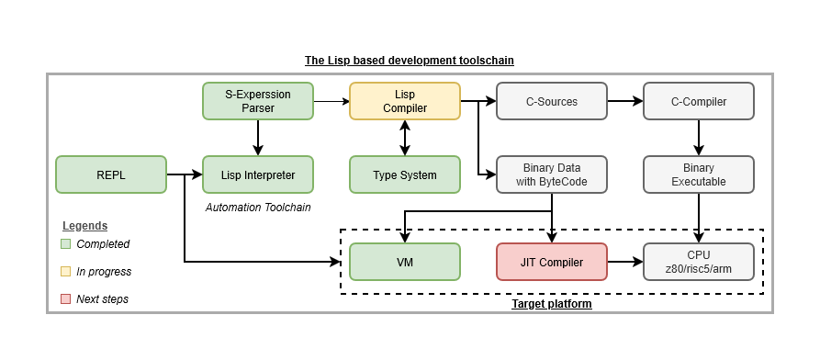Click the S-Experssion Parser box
pos(258,101)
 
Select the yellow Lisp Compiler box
pos(404,101)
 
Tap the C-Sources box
pos(551,101)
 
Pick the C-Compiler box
pos(699,101)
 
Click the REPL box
pos(110,174)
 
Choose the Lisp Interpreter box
pos(258,174)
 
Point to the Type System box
pos(404,174)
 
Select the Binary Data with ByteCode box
pos(551,174)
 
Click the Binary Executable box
pos(699,174)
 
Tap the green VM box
pos(404,262)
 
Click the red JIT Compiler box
pos(551,262)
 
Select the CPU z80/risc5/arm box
pos(699,262)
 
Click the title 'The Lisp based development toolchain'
pos(409,61)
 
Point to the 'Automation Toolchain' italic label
pos(258,208)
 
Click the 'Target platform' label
pos(551,303)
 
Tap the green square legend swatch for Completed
pos(65,244)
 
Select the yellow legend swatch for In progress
pos(65,272)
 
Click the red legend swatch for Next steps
pos(65,299)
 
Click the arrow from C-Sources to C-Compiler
pos(624,101)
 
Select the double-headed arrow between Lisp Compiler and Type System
pos(404,138)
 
